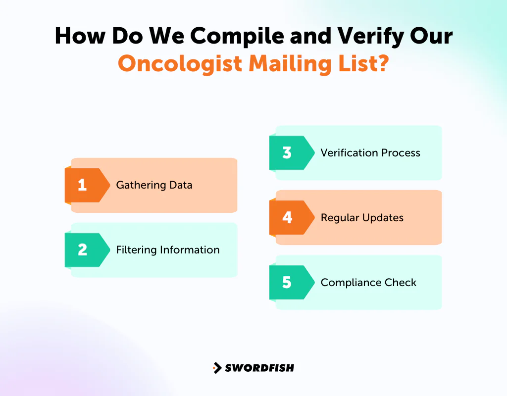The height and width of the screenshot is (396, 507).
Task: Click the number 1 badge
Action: coord(83,185)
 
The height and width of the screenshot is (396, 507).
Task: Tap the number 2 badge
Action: coord(83,250)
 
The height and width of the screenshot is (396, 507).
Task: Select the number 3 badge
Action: coord(287,153)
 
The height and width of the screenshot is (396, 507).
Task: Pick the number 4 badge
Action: coord(287,218)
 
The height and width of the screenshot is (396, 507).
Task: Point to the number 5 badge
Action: coord(287,283)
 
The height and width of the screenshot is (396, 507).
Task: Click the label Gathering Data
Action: coord(154,185)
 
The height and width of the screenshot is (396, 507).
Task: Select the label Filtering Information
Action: coord(168,250)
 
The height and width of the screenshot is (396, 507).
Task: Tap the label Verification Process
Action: coord(370,153)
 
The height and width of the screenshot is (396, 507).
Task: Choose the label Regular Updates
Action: coord(362,218)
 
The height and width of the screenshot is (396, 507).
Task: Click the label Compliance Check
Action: coord(368,283)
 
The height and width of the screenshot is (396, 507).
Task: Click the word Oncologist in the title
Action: coord(180,64)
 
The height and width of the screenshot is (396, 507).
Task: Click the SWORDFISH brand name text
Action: coord(259,368)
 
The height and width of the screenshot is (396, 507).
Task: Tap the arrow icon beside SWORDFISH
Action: coord(217,368)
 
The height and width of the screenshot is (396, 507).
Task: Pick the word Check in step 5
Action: coord(402,283)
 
